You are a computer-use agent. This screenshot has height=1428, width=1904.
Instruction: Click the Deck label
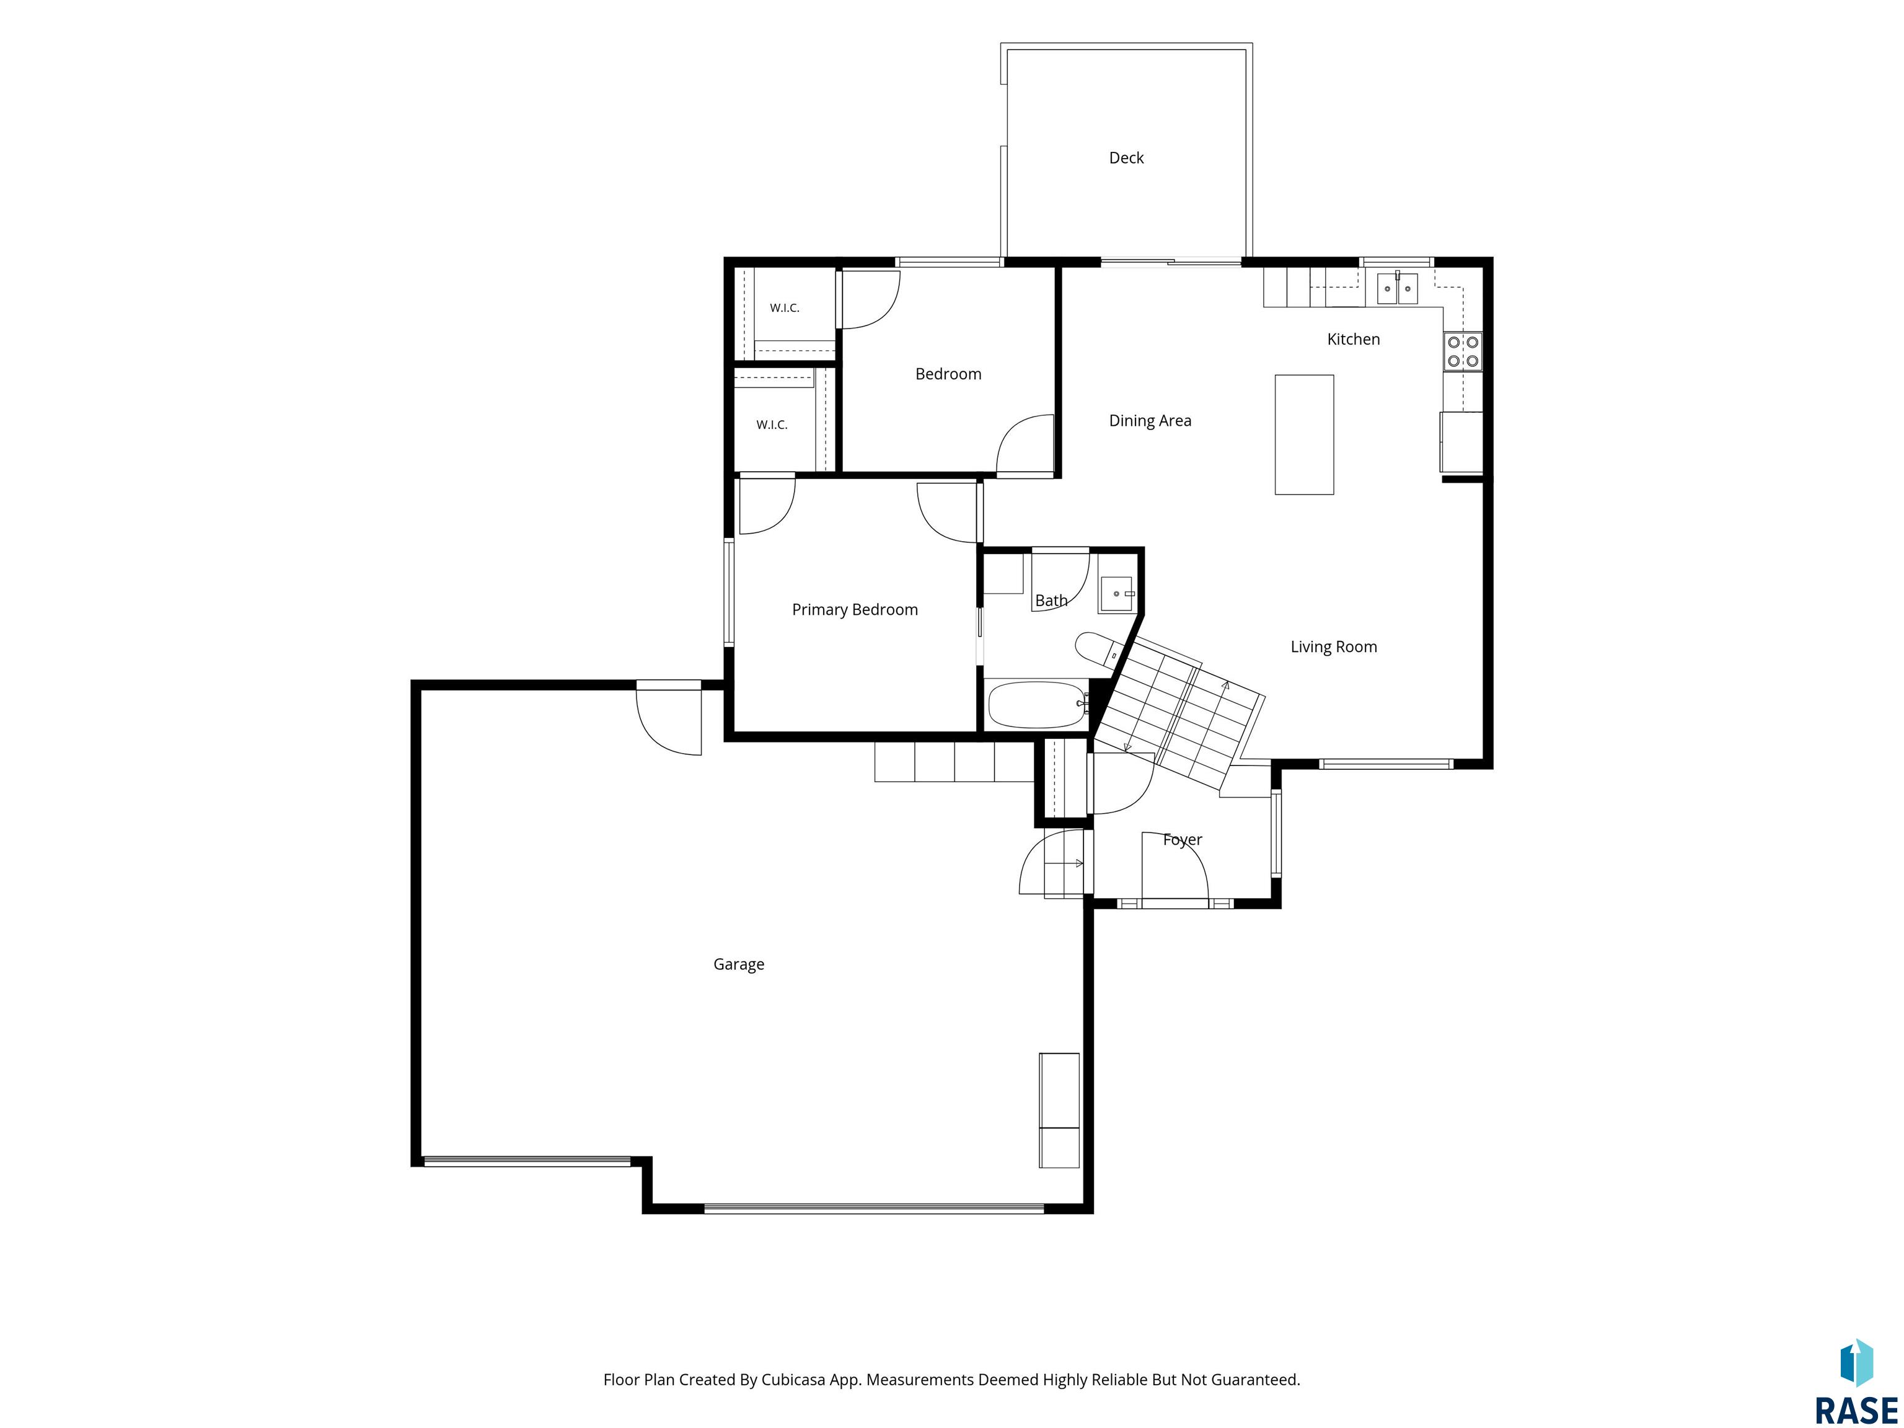tap(1126, 157)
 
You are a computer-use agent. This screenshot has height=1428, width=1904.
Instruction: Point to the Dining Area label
tap(1150, 421)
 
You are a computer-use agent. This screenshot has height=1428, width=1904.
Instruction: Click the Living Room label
tap(1333, 647)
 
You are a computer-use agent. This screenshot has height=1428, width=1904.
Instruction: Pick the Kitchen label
tap(1353, 339)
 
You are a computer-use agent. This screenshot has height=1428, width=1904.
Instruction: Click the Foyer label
tap(1183, 840)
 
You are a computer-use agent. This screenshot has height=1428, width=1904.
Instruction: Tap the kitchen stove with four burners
tap(1463, 351)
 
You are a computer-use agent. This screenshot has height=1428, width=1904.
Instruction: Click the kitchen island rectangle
tap(1304, 434)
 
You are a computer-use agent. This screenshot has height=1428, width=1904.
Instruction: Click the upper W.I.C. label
tap(784, 308)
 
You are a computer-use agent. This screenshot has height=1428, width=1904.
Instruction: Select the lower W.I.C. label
tap(771, 425)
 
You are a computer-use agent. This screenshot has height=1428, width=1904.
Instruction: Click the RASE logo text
tap(1856, 1410)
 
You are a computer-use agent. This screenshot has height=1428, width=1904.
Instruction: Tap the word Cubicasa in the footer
tap(793, 1380)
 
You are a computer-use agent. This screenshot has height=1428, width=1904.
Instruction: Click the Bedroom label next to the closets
tap(948, 374)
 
